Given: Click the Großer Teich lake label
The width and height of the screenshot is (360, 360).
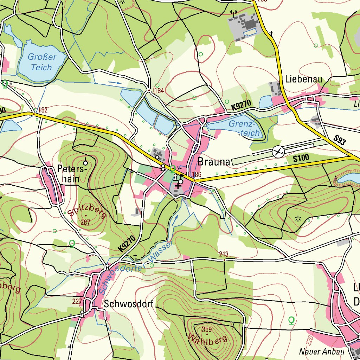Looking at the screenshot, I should point(41,62).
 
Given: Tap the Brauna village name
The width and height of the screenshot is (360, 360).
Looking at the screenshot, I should point(214,162).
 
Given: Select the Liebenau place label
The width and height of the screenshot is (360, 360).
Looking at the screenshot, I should point(304,79).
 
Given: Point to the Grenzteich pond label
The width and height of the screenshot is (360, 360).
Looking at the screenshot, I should point(245,128).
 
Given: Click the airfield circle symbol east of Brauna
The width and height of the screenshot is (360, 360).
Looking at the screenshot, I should point(278,152).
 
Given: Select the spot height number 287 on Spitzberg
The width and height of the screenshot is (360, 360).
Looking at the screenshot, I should point(85,222).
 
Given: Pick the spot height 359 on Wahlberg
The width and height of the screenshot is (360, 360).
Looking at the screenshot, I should point(207,329).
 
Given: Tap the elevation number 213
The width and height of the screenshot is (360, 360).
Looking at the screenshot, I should point(224,254).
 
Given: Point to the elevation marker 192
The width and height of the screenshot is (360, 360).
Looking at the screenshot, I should point(43,110).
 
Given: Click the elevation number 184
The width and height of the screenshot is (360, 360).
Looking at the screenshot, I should point(159,91).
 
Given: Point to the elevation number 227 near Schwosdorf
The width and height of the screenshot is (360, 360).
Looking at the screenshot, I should point(77,301).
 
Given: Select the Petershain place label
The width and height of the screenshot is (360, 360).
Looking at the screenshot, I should point(71,174).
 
